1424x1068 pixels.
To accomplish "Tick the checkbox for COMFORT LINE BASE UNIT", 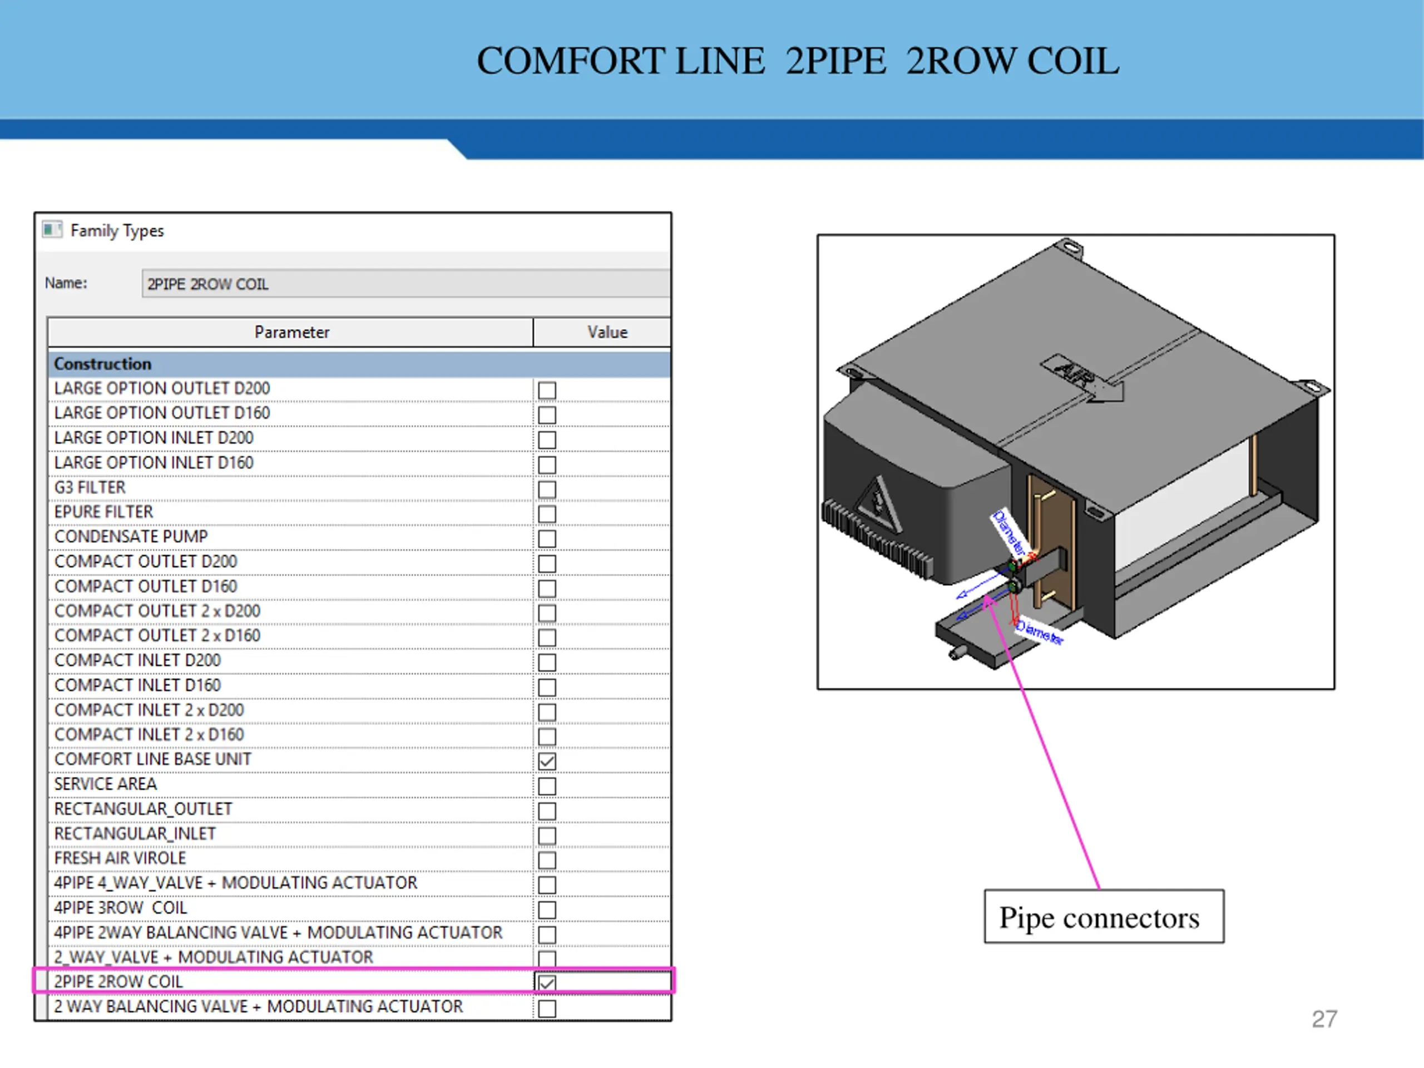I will (547, 761).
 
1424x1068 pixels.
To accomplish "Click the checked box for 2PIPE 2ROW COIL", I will (547, 983).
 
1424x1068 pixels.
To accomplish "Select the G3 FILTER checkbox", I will (547, 489).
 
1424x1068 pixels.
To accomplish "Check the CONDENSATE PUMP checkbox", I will (547, 538).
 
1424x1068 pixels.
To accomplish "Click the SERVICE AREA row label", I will (106, 784).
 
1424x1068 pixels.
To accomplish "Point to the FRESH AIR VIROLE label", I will (120, 858).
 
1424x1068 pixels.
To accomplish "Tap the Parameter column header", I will (291, 332).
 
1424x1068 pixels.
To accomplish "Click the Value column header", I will (606, 332).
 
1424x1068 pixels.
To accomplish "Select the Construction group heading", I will (103, 364).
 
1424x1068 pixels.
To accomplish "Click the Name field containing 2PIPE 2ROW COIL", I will (406, 284).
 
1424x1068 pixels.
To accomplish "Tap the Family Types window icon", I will (52, 230).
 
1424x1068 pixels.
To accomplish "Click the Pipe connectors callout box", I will (1104, 917).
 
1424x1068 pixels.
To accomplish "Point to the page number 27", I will (1324, 1019).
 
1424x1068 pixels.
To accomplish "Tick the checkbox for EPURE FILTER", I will (547, 514).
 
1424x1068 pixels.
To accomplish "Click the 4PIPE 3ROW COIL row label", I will (120, 908).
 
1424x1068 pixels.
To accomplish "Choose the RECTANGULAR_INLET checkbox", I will (547, 835).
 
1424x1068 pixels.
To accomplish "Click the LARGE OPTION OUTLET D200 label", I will (162, 389).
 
